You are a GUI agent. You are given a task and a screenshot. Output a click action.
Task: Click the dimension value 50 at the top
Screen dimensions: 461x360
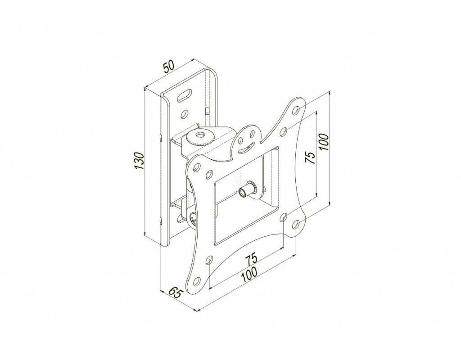(169, 67)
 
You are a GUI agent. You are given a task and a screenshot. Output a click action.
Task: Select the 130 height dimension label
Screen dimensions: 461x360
(139, 161)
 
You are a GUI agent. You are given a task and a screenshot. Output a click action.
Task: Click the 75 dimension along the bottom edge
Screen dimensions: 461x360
(252, 258)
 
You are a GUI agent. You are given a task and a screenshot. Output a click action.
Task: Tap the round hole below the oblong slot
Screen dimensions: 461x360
(185, 113)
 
